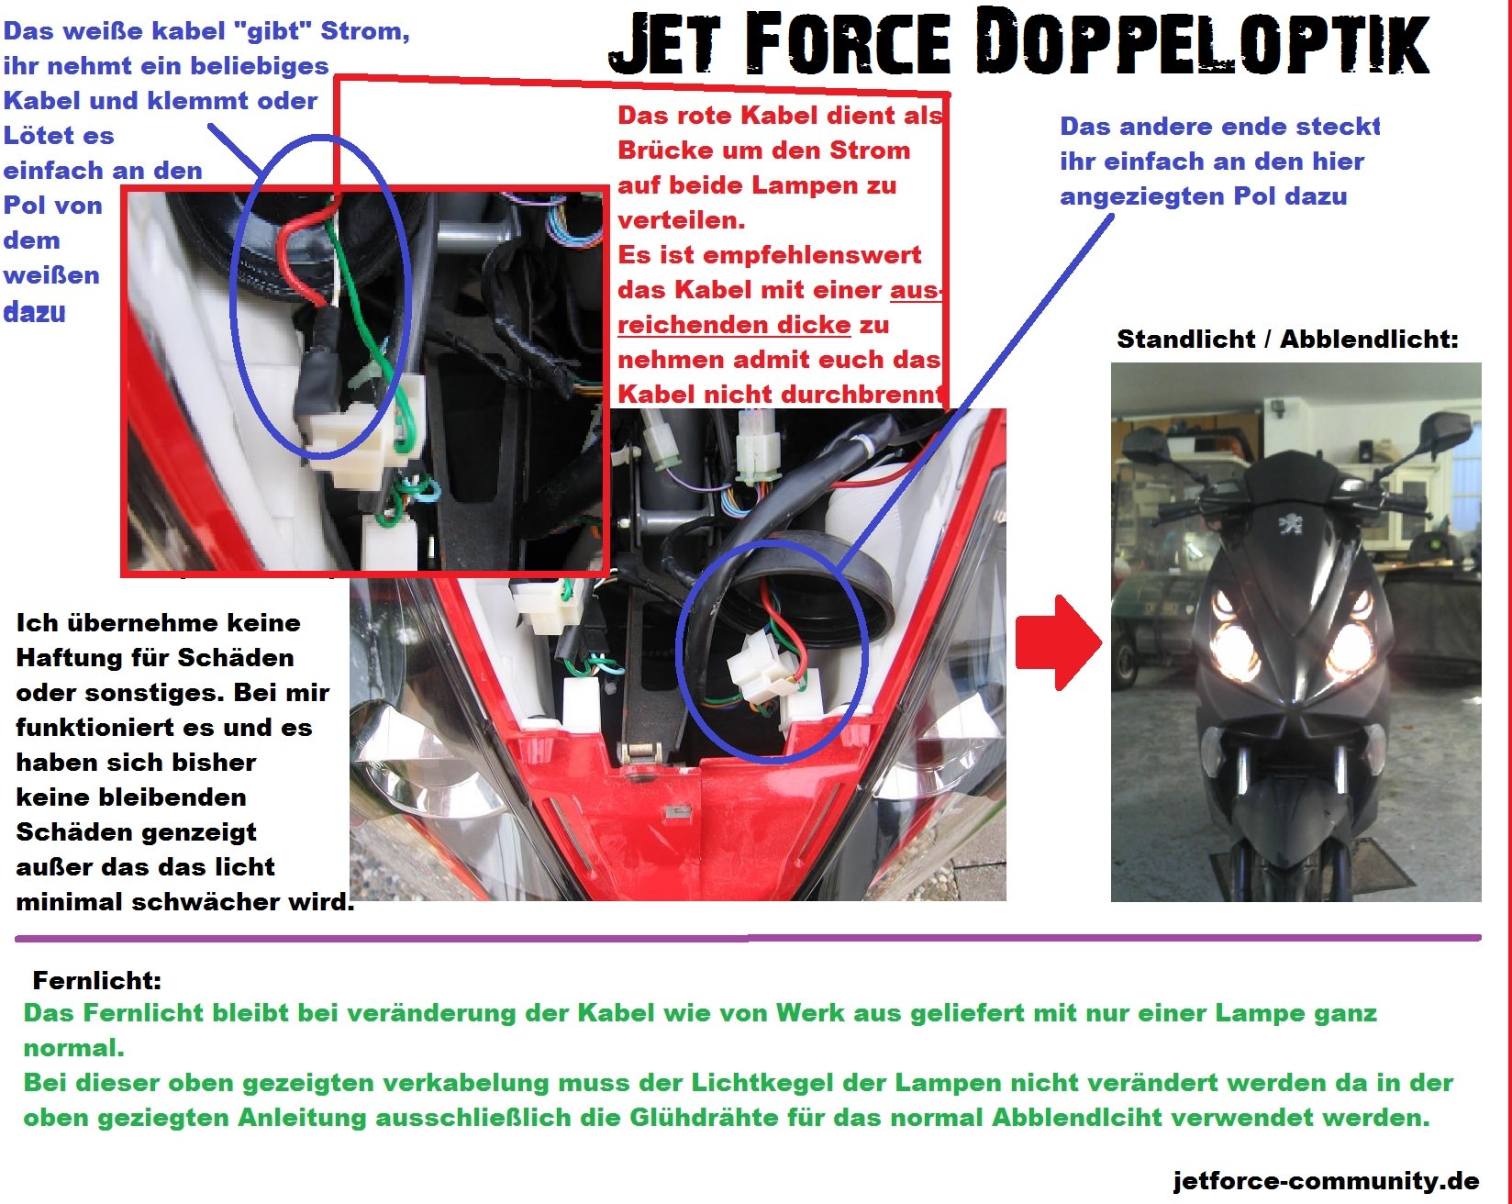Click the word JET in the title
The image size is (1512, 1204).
664,43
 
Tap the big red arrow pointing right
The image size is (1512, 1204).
1059,641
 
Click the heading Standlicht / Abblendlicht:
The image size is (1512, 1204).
1287,340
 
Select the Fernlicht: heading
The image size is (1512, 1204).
97,980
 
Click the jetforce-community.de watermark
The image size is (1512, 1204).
1326,1180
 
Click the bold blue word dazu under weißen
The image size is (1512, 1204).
35,312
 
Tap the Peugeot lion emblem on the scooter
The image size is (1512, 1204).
1291,524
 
